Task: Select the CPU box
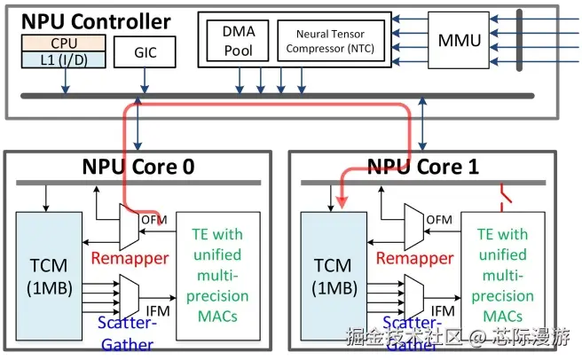point(63,43)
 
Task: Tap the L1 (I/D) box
point(63,59)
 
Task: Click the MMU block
point(460,39)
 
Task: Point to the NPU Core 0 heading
point(138,167)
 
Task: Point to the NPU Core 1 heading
point(415,167)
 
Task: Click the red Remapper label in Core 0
point(130,258)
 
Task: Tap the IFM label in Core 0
point(158,309)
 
